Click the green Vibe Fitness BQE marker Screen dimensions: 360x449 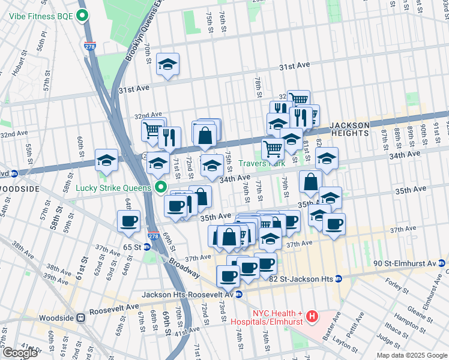[84, 16]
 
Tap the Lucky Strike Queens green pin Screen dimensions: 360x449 [160, 187]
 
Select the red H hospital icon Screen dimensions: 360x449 [312, 316]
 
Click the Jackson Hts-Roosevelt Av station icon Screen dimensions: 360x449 [240, 295]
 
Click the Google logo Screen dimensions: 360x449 [20, 353]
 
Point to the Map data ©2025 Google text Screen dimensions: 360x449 [411, 355]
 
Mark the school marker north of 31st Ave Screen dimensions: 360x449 [167, 65]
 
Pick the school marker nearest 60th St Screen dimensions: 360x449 [106, 160]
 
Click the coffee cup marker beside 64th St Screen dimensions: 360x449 [129, 221]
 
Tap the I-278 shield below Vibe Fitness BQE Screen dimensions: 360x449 [89, 43]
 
